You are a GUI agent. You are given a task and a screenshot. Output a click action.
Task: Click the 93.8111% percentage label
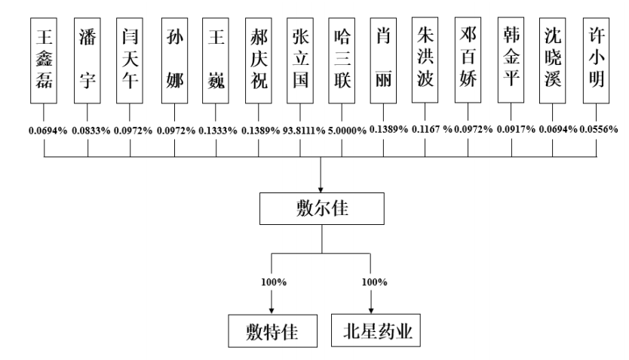(300, 130)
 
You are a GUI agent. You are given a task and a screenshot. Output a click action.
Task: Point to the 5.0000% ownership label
(345, 130)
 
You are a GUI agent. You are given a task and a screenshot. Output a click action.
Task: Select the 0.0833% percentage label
(90, 130)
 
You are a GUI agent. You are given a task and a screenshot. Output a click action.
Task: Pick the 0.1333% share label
(217, 130)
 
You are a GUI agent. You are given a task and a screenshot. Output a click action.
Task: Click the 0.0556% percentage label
(600, 130)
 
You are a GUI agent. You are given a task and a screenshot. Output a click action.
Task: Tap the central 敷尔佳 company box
(323, 209)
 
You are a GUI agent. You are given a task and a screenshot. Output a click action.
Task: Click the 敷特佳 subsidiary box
(271, 330)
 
